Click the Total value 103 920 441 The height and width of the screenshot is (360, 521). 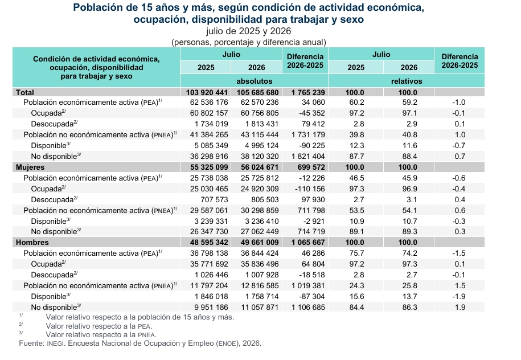(207, 92)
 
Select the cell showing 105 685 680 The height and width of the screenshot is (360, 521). (257, 92)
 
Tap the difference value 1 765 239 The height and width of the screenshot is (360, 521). (308, 92)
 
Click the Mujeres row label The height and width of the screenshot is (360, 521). (30, 167)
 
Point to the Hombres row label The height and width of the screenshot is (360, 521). (32, 242)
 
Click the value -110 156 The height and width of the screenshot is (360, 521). (310, 189)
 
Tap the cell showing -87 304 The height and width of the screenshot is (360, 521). (312, 297)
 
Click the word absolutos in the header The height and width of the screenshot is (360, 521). (254, 81)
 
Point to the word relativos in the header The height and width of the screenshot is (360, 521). (407, 81)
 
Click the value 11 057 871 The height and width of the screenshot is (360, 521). (260, 307)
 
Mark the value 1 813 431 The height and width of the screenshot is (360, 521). (262, 124)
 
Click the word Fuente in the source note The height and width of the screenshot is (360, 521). (31, 343)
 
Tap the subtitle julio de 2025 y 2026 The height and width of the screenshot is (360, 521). (248, 31)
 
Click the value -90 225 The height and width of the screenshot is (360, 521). (312, 146)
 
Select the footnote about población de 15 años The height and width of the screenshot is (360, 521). (140, 317)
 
